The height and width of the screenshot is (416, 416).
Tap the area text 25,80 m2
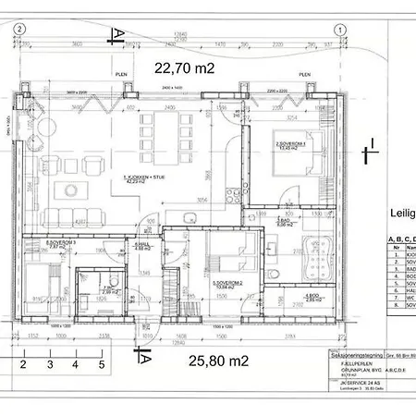pyautogui.click(x=219, y=361)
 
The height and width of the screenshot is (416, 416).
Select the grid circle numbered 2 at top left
pyautogui.click(x=20, y=30)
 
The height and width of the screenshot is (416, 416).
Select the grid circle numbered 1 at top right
pyautogui.click(x=340, y=30)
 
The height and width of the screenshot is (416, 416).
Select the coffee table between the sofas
pyautogui.click(x=70, y=190)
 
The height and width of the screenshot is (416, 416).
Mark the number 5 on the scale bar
pyautogui.click(x=102, y=364)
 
